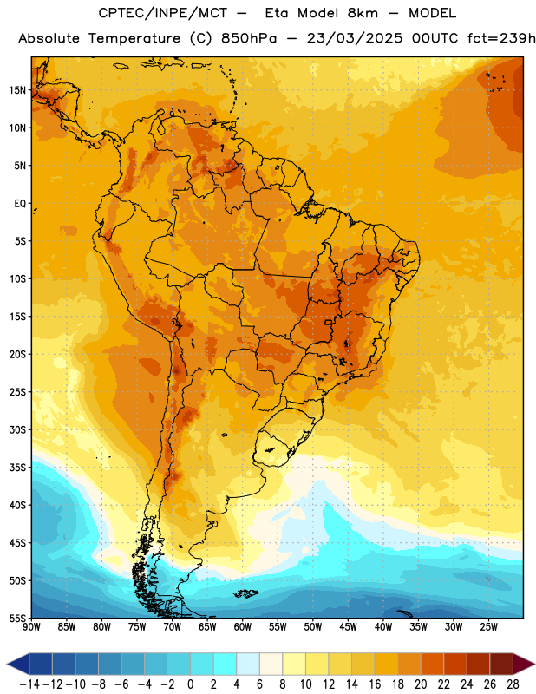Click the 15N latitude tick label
click(17, 90)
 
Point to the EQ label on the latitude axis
click(20, 204)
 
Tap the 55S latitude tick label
click(17, 618)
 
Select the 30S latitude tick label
click(17, 429)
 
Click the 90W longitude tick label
click(32, 627)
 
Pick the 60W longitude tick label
click(243, 627)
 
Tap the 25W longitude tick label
click(488, 627)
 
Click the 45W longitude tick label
click(348, 627)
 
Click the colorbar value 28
click(513, 684)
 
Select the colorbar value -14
click(30, 684)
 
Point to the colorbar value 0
click(190, 684)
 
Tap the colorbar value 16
click(375, 684)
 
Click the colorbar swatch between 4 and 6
click(248, 664)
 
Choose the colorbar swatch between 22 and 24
click(455, 664)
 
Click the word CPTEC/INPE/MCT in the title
click(163, 13)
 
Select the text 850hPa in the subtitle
click(249, 38)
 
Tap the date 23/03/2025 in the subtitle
click(355, 38)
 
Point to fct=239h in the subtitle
click(501, 38)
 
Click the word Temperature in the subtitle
click(134, 39)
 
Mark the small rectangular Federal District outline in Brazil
click(329, 322)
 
